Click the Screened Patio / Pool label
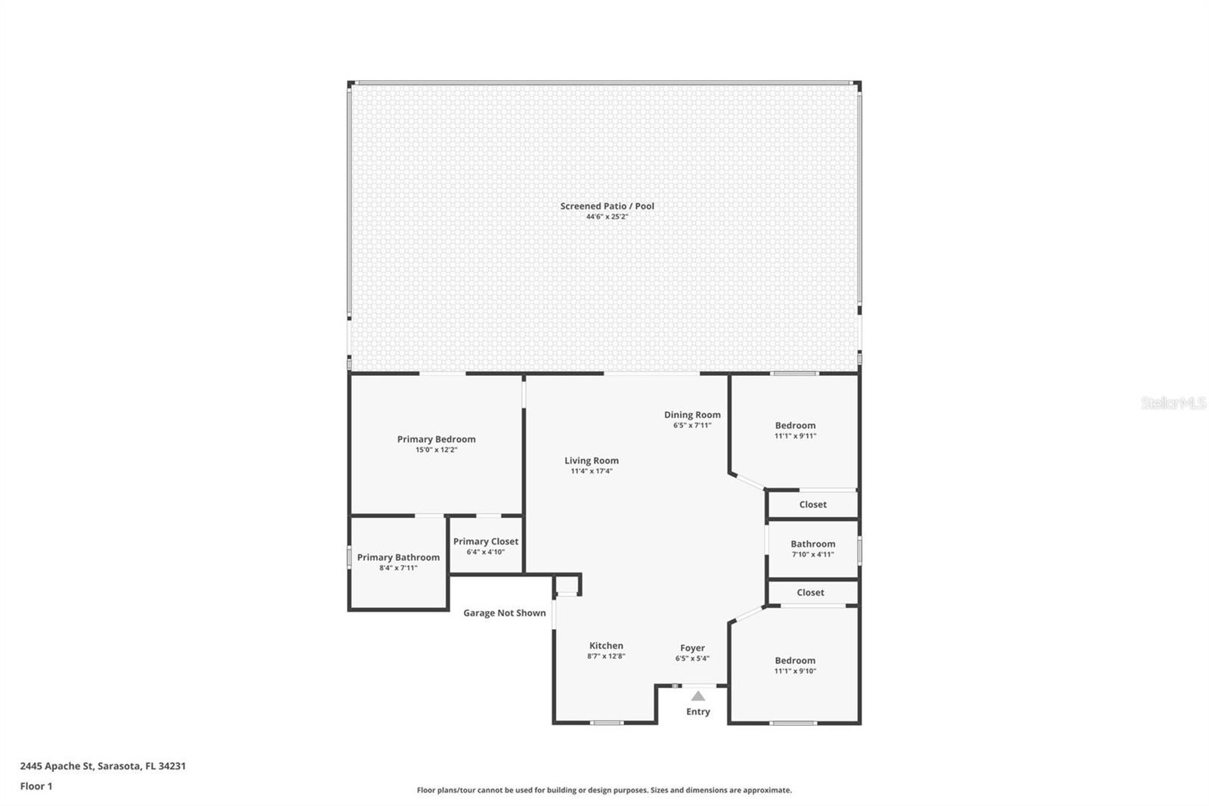pos(607,206)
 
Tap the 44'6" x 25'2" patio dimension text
pos(607,217)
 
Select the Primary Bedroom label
pos(436,439)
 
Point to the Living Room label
pos(592,460)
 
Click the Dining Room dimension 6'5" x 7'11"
pos(692,425)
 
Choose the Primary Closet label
pos(486,541)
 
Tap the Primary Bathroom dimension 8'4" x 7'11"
pos(398,568)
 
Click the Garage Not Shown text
pos(504,612)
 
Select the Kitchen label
pos(606,646)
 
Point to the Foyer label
pos(692,648)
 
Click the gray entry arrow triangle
pos(698,696)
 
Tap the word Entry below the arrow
pos(698,711)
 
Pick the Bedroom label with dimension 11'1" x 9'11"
pos(795,425)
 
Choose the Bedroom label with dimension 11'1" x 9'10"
pos(795,660)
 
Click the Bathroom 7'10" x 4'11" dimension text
pos(813,554)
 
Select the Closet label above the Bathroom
pos(813,504)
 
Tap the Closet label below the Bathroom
pos(810,592)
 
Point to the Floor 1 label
pos(36,786)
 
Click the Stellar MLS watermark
pos(1173,402)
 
